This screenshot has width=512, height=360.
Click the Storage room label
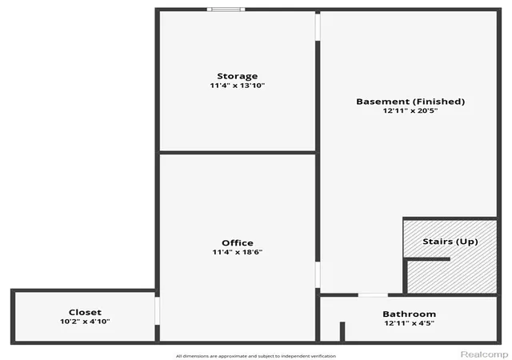(238, 76)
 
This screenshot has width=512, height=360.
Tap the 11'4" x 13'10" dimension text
(238, 86)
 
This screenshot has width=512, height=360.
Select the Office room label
(238, 242)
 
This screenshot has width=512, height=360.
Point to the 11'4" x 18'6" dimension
(238, 252)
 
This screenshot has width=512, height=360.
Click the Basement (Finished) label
(410, 102)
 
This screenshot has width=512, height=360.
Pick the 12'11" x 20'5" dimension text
(410, 110)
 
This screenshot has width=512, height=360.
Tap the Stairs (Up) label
(450, 242)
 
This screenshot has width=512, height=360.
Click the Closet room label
(85, 312)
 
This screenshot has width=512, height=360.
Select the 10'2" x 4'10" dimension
(85, 322)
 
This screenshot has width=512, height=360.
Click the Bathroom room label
(409, 314)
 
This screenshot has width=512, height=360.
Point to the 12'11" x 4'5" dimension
(409, 323)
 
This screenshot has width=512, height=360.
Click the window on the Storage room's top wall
(226, 10)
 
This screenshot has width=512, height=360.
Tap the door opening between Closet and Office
(158, 310)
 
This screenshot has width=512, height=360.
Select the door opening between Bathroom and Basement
(373, 295)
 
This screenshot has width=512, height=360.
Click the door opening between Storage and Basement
(318, 27)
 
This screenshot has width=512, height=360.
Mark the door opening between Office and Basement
(318, 274)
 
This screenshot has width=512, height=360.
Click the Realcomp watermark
(484, 354)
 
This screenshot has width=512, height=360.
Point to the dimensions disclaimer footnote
(256, 356)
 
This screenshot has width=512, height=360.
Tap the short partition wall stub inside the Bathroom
(342, 331)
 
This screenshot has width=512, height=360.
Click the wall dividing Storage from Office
(238, 153)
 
